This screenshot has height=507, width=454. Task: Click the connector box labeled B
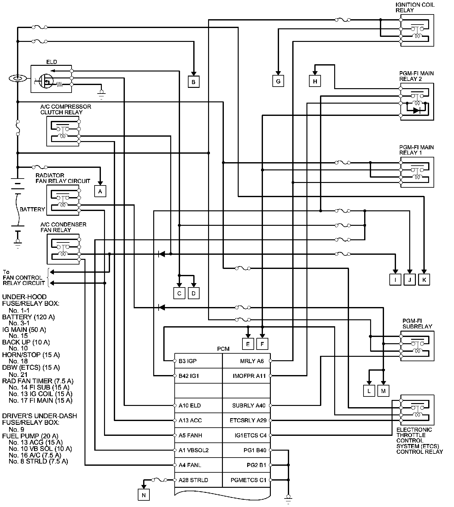tap(194, 82)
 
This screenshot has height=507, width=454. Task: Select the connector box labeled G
tap(278, 81)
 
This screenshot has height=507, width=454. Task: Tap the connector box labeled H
tap(315, 81)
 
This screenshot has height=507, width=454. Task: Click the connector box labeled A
tap(100, 191)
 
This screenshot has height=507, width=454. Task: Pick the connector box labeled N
tap(143, 495)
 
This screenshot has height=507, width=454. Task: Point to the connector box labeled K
tap(424, 280)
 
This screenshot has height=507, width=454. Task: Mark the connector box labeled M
tap(383, 391)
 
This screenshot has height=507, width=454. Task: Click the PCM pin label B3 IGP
tap(188, 361)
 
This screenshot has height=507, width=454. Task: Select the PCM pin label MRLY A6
tap(252, 361)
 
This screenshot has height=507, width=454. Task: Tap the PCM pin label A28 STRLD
tap(193, 480)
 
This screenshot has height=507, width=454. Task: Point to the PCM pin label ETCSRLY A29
tap(248, 420)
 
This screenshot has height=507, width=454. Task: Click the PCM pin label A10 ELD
tap(190, 406)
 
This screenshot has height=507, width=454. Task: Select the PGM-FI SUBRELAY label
tap(417, 324)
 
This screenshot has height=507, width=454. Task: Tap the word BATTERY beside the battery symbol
tap(32, 209)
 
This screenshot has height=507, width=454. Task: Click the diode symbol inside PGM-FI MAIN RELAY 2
tap(416, 111)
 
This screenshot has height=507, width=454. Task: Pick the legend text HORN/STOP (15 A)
tap(31, 355)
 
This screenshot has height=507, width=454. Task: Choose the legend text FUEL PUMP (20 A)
tap(30, 436)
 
